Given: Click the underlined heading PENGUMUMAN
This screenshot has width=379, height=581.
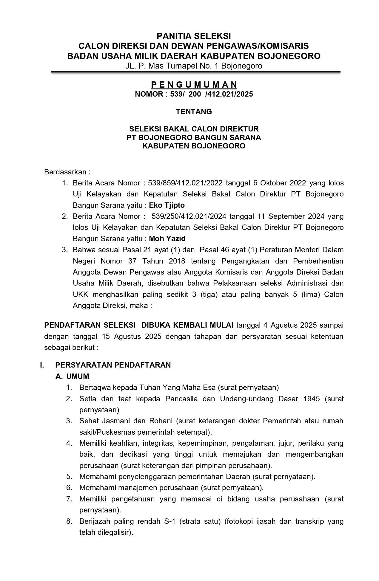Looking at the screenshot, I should [x=194, y=85].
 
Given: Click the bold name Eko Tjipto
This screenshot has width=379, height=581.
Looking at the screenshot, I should [x=167, y=205].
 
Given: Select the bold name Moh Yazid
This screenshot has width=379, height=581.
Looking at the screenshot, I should [x=167, y=239].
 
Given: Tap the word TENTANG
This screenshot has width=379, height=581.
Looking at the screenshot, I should [x=194, y=111].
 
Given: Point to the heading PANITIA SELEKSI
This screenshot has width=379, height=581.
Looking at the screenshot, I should [x=194, y=36].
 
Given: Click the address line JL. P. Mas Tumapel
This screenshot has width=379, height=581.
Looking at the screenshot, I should [x=194, y=66].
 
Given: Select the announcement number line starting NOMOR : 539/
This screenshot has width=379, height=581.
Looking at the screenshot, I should [x=194, y=94].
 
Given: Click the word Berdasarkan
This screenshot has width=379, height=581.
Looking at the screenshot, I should [x=67, y=172].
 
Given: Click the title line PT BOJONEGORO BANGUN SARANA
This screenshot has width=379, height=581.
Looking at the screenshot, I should [x=194, y=137].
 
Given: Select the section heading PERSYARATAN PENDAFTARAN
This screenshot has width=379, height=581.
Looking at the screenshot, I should [x=113, y=365].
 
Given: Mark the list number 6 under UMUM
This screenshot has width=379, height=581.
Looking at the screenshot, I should [x=69, y=488].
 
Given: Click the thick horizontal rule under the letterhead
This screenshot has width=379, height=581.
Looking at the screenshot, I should [x=196, y=72].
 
